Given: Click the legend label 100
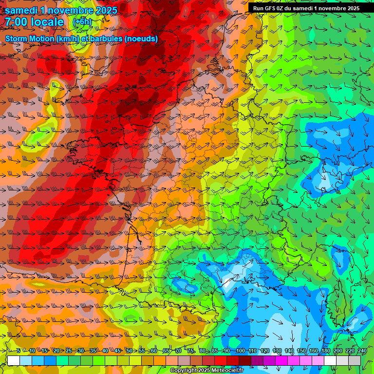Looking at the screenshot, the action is [240, 351].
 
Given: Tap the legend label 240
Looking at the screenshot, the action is [362, 351].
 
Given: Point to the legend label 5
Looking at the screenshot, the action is [19, 351].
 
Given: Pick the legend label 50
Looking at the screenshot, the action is [129, 351].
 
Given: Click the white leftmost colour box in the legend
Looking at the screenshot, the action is [14, 360].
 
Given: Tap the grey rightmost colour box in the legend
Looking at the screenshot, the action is [355, 360].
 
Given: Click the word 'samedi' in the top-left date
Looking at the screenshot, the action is [22, 10].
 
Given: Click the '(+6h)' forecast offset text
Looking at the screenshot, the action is [82, 22].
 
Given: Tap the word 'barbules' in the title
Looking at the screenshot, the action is [107, 38].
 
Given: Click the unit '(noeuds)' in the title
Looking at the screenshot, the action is [141, 38].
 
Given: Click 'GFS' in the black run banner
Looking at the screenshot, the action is [272, 8].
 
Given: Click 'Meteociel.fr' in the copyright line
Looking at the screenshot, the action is [228, 371].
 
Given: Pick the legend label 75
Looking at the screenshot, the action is [191, 351].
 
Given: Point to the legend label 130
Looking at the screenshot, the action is [277, 351].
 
